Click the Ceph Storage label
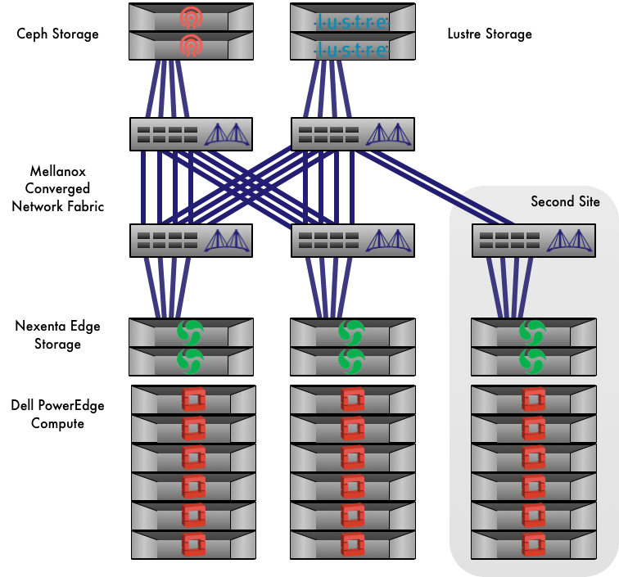[x=57, y=34]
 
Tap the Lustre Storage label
[x=490, y=34]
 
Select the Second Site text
[x=565, y=201]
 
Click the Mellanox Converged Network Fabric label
[x=58, y=189]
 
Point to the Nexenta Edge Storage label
[x=57, y=336]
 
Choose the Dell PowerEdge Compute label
[x=58, y=414]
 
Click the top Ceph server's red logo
[x=191, y=16]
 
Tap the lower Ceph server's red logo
[x=191, y=45]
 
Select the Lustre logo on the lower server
[x=352, y=50]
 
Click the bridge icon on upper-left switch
[x=224, y=133]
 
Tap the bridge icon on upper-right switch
[x=385, y=133]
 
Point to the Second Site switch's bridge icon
[x=566, y=240]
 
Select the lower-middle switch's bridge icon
[x=385, y=240]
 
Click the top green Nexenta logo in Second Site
[x=532, y=332]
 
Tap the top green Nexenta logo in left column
[x=191, y=332]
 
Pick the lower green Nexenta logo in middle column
[x=352, y=361]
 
